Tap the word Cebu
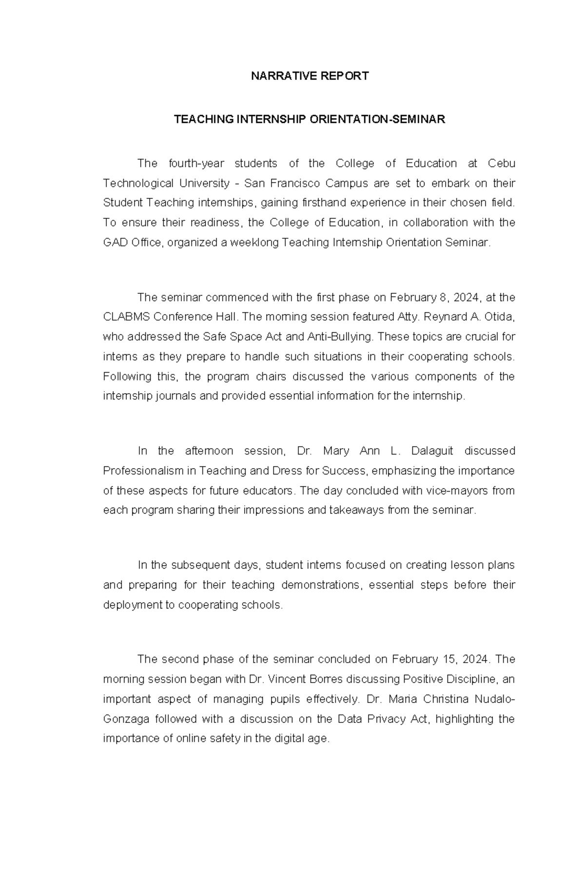[502, 163]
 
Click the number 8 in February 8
[449, 297]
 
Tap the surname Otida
[499, 317]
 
